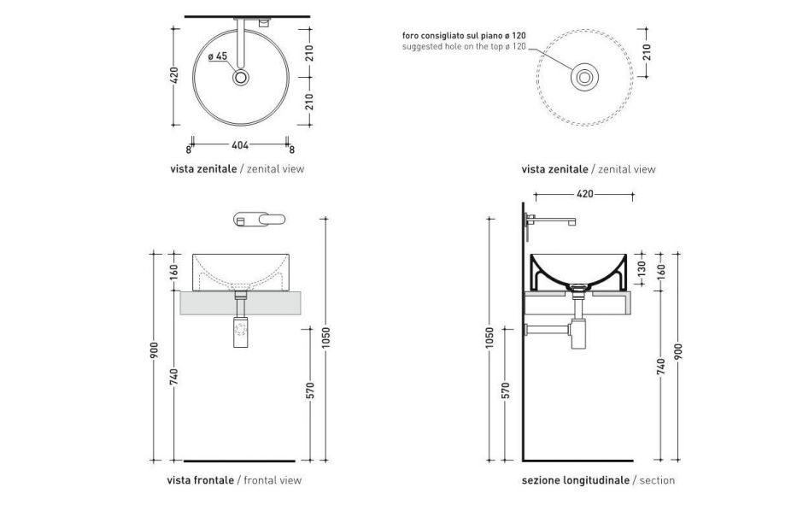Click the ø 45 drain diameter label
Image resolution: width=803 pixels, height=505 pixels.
[218, 56]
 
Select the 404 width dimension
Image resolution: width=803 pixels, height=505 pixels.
[239, 145]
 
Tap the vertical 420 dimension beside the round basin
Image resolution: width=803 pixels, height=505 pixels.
[175, 77]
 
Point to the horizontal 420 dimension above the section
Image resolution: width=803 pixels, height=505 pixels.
[585, 195]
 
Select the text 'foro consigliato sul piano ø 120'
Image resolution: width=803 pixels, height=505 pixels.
[464, 35]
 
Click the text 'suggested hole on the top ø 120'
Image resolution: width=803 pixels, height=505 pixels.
[464, 46]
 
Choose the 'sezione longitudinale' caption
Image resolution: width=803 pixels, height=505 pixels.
[575, 480]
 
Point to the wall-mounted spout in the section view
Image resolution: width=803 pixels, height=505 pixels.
[551, 220]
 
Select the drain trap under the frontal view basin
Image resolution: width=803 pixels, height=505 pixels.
[242, 328]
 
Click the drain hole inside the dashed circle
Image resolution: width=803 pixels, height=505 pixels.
[584, 78]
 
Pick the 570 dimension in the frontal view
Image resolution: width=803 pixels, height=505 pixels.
[311, 390]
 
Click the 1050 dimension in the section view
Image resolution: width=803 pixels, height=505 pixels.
[489, 339]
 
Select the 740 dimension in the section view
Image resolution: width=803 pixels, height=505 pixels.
[660, 368]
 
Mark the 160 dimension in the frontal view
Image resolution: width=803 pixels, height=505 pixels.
[174, 272]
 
